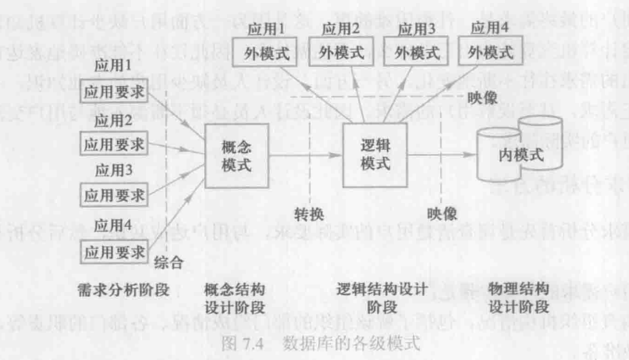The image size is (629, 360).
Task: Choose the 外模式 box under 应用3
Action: (414, 54)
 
